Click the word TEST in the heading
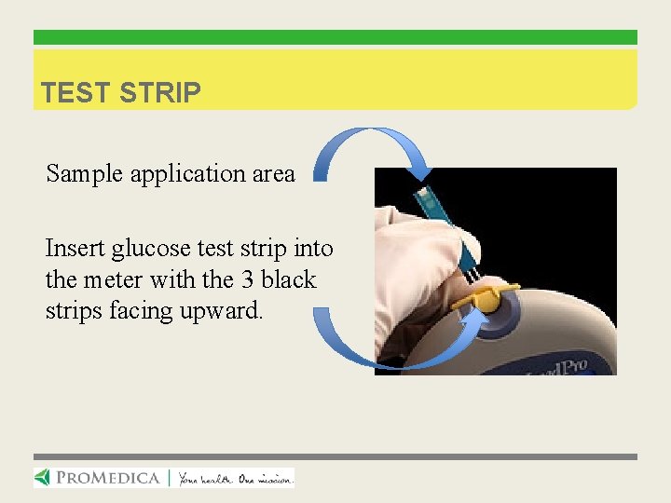tap(75, 93)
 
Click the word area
tap(274, 174)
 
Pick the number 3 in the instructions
tap(245, 279)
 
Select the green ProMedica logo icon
tap(44, 478)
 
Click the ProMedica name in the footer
tap(108, 478)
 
